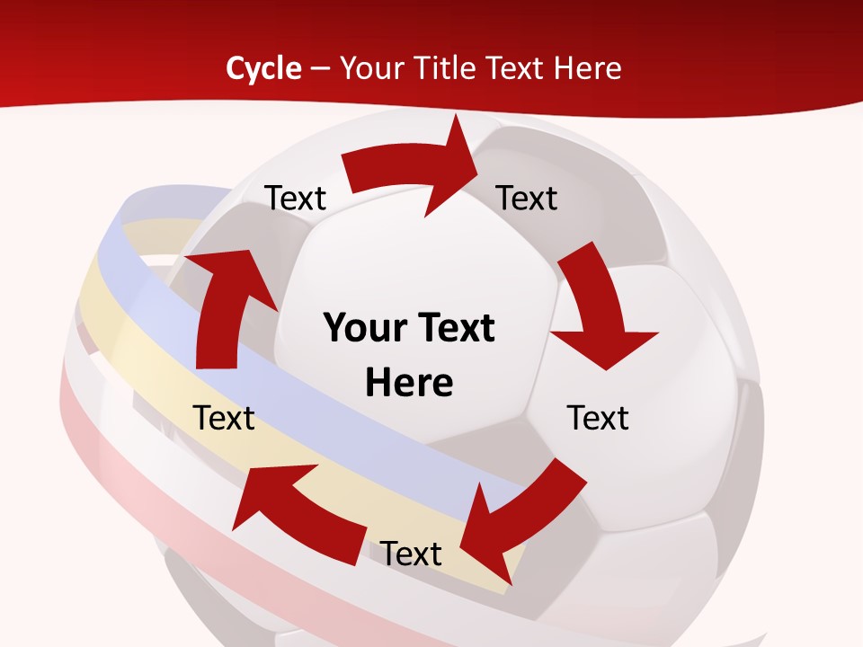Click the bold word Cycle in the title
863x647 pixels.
pos(263,68)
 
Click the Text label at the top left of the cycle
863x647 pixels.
pos(295,198)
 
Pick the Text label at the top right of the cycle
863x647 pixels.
pos(527,198)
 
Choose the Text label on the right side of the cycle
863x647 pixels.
pos(598,418)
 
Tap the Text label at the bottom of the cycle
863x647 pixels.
pos(411,554)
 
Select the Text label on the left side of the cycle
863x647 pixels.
pos(224,418)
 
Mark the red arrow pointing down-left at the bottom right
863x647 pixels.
pos(521,512)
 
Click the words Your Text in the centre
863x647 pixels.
pos(409,328)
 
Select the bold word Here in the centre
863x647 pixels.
pos(409,383)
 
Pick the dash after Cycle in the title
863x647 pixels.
pos(320,68)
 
